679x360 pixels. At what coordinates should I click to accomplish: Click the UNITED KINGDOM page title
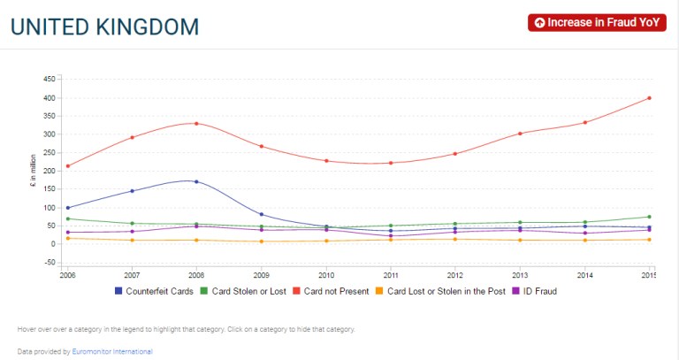click(104, 27)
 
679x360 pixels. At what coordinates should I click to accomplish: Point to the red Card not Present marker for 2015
click(649, 97)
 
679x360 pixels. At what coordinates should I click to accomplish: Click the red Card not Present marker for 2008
click(196, 123)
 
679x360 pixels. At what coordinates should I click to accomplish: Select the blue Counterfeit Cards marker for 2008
click(196, 181)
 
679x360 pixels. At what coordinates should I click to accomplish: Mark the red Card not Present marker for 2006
click(67, 165)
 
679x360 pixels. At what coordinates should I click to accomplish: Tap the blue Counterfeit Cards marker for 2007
click(132, 191)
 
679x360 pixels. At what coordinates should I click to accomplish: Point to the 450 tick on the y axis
click(50, 79)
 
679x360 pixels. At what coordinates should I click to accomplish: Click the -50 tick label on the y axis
click(50, 263)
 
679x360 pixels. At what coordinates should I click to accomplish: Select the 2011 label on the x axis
click(390, 274)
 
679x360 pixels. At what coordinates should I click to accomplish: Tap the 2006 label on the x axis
click(67, 274)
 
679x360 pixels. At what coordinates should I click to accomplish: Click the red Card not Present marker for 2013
click(520, 134)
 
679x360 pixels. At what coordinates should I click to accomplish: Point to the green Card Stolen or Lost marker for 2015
click(649, 217)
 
